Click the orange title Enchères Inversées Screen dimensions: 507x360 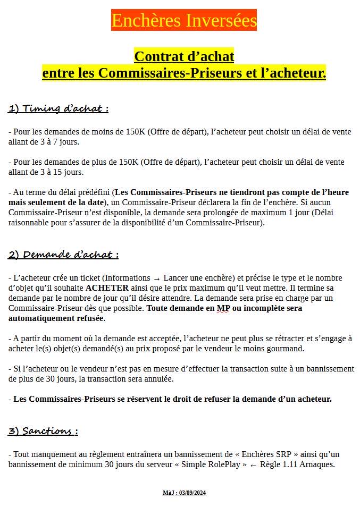pyautogui.click(x=184, y=20)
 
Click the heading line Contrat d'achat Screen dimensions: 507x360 pyautogui.click(x=184, y=56)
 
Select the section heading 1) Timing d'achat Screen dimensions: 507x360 pyautogui.click(x=58, y=108)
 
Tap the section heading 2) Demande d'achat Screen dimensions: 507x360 pyautogui.click(x=63, y=255)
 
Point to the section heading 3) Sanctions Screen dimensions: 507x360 pyautogui.click(x=43, y=431)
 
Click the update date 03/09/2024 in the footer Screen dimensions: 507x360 pyautogui.click(x=192, y=493)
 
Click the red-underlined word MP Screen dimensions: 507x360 pyautogui.click(x=223, y=308)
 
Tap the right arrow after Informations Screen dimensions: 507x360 pyautogui.click(x=156, y=278)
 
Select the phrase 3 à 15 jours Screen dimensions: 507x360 pyautogui.click(x=45, y=172)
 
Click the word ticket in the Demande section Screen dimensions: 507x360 pyautogui.click(x=86, y=278)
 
